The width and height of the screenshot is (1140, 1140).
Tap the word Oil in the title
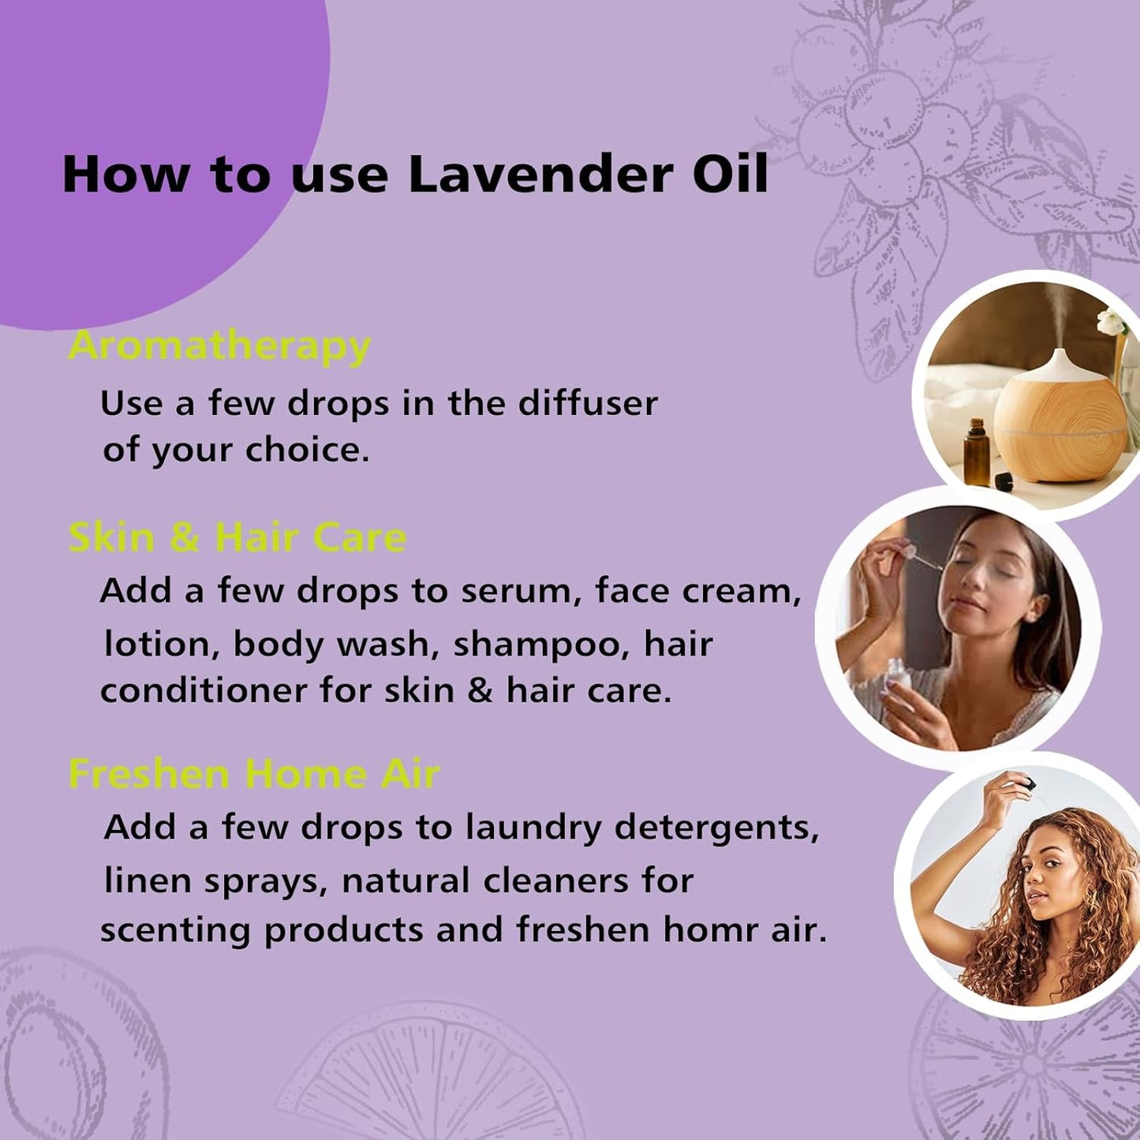tap(730, 174)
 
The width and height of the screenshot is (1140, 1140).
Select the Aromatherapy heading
tap(219, 346)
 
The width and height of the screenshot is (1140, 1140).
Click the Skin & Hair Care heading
tap(237, 538)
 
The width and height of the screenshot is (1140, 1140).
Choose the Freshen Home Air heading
tap(253, 774)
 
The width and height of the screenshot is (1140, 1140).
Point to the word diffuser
tap(587, 403)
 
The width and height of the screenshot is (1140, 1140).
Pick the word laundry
tap(533, 828)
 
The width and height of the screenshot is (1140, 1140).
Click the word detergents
tap(716, 828)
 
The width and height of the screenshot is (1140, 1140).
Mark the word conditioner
tap(204, 691)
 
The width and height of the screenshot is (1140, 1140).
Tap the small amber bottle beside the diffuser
tap(976, 452)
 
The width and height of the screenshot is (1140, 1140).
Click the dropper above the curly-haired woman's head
tap(1026, 785)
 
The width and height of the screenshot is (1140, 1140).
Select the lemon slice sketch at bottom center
tap(430, 1077)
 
